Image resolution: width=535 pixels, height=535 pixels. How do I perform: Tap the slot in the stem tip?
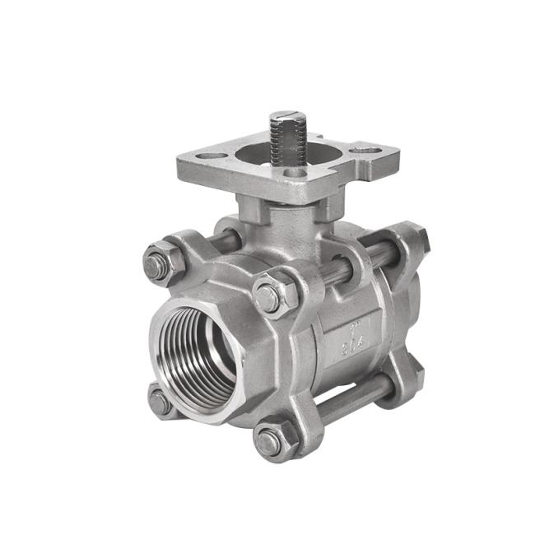(x=288, y=115)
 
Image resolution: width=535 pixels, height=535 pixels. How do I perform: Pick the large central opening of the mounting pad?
(x=263, y=156)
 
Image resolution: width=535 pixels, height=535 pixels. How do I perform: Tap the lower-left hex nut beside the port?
(x=161, y=402)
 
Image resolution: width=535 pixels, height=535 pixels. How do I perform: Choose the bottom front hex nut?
(x=272, y=443)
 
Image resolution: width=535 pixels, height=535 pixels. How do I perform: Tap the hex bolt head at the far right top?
(x=416, y=239)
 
